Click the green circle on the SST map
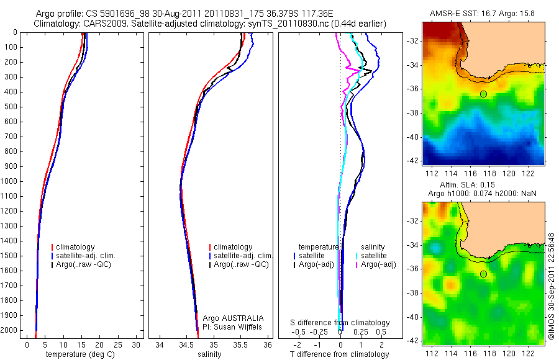[483, 94]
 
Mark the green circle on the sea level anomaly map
[483, 274]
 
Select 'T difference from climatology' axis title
[340, 354]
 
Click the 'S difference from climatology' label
[340, 323]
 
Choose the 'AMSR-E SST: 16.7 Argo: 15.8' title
[483, 14]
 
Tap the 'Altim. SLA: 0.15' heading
[483, 186]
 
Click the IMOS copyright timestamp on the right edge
[552, 286]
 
